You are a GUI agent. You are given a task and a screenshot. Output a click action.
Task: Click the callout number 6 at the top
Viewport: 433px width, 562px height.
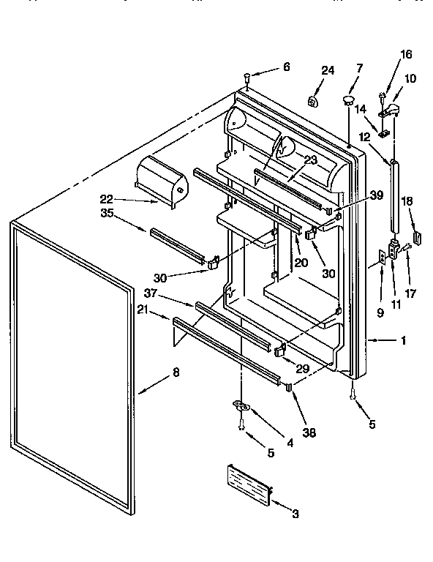coord(286,67)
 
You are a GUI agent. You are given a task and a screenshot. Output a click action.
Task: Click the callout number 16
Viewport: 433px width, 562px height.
coord(406,54)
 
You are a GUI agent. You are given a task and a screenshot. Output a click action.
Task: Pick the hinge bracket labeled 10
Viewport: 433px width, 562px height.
coord(392,109)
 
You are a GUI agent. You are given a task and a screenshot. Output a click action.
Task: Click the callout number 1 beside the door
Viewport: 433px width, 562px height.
coord(402,340)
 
